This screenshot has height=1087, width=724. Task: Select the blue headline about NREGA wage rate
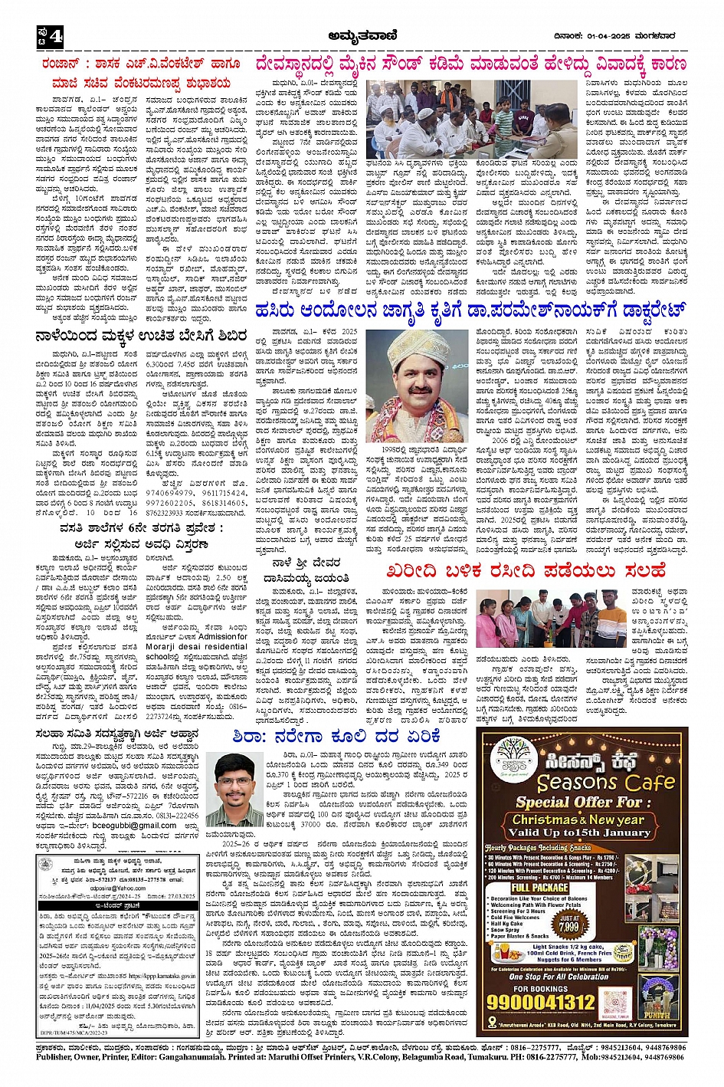[x=337, y=737]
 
